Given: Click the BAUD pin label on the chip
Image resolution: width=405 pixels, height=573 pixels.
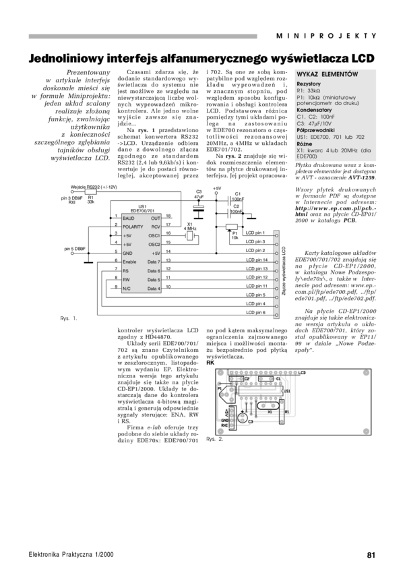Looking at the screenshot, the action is [x=128, y=218].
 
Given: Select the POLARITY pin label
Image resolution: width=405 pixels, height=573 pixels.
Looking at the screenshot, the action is [x=133, y=227].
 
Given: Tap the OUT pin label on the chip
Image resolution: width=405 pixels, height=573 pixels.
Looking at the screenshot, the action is [x=156, y=218].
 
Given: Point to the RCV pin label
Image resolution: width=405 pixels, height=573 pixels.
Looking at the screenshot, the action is [x=156, y=227].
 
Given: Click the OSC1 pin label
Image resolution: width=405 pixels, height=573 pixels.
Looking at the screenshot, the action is [x=154, y=236].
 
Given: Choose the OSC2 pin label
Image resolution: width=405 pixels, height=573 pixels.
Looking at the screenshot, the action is [x=154, y=245].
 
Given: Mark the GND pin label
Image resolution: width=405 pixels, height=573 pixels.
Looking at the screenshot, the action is [x=127, y=253].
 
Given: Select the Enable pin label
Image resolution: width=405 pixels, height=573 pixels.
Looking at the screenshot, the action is [x=129, y=262].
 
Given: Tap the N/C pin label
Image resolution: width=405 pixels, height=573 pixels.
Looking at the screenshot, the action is [x=126, y=289].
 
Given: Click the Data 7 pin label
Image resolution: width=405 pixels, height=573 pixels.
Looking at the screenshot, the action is [x=154, y=262].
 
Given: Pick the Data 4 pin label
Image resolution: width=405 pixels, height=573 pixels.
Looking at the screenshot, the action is [x=154, y=289].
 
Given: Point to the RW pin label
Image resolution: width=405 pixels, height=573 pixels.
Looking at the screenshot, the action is [x=126, y=280].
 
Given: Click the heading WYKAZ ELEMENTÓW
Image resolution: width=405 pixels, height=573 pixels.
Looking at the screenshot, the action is [x=327, y=73].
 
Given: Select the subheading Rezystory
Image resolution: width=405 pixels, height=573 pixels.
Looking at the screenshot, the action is [x=309, y=83].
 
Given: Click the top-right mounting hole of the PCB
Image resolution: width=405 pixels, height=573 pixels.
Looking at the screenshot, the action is [x=366, y=372].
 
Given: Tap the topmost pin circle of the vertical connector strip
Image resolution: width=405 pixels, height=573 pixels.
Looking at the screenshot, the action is [x=276, y=236].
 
